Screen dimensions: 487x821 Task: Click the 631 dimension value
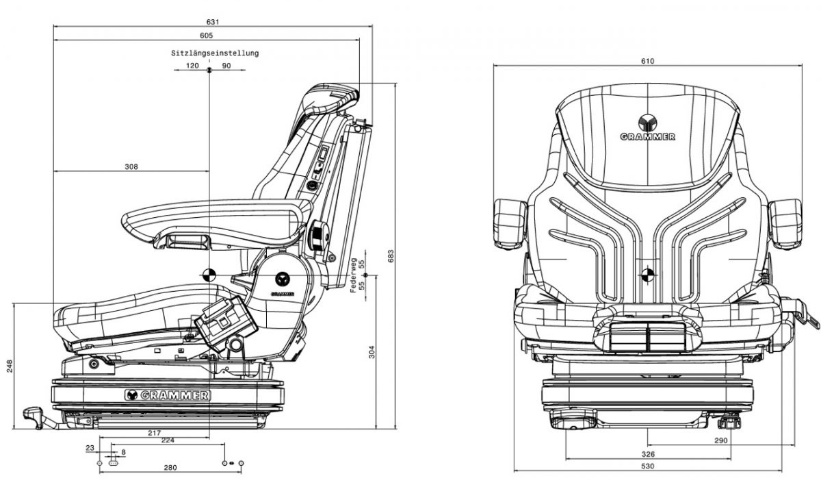point(215,22)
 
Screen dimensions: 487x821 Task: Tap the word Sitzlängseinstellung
point(215,53)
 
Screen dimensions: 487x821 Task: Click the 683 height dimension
point(391,256)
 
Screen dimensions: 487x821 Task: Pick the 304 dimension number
point(372,352)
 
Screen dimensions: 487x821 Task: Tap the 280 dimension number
point(170,468)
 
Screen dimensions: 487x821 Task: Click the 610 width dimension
point(648,61)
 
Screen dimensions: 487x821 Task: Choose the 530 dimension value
point(648,466)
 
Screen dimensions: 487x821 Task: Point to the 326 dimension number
point(648,454)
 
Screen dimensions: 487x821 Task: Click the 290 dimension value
point(720,440)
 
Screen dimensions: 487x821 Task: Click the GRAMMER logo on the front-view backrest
point(647,128)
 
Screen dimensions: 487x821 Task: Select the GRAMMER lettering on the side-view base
point(168,395)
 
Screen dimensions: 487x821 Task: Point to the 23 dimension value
point(90,447)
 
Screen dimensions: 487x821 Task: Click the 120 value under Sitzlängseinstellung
point(192,66)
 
